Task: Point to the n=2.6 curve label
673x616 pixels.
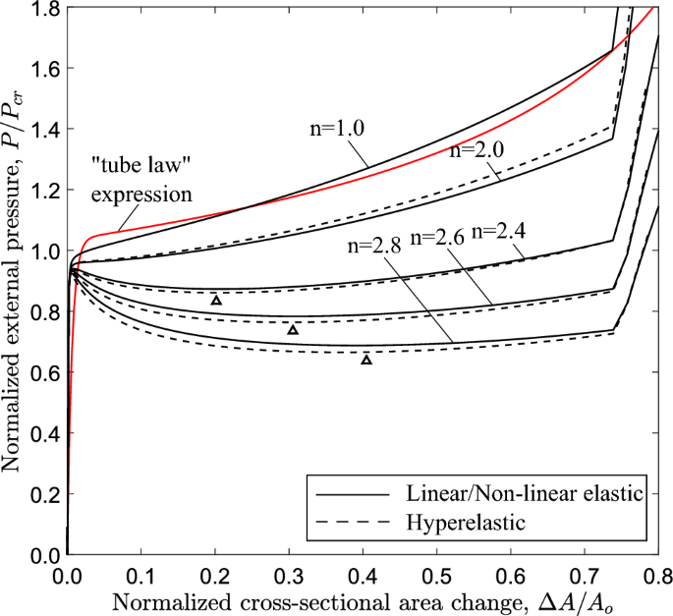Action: click(439, 237)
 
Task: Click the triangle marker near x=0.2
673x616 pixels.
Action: click(216, 300)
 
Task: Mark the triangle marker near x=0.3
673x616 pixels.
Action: click(292, 330)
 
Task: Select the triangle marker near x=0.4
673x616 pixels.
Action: click(366, 360)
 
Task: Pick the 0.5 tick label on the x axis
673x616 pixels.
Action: click(437, 573)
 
